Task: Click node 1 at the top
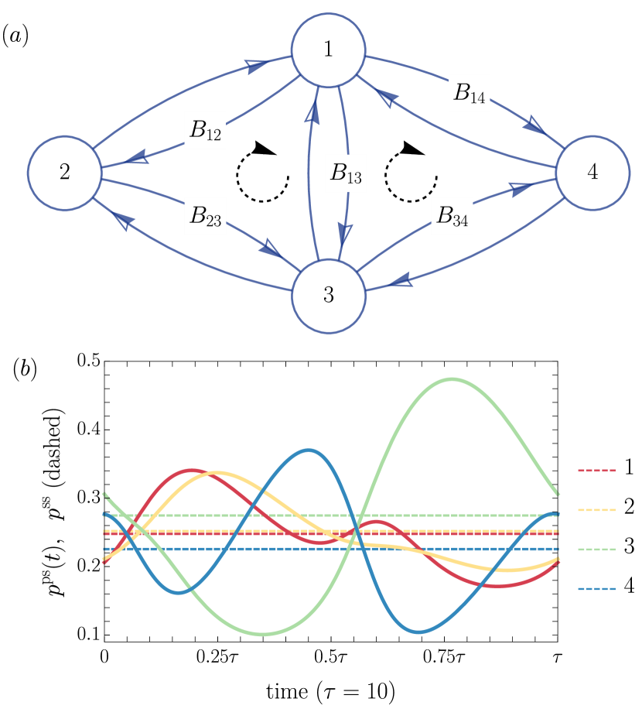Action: click(328, 50)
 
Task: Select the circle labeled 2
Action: click(64, 173)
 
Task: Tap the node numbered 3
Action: click(328, 296)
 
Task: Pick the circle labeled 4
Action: click(592, 173)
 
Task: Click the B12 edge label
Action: click(205, 131)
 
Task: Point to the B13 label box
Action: click(346, 173)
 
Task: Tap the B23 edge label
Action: click(205, 216)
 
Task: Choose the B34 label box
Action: click(452, 216)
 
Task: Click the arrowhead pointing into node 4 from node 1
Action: click(533, 124)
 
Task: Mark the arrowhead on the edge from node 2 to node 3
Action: click(270, 249)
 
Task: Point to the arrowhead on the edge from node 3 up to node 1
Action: click(312, 114)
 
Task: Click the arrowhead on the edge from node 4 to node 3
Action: click(401, 281)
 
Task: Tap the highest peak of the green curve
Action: click(451, 378)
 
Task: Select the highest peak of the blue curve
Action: click(309, 450)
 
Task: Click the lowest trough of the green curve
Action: click(263, 635)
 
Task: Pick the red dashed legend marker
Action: click(596, 470)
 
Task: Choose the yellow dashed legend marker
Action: click(596, 510)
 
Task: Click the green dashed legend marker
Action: click(596, 550)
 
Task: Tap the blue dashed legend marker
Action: click(596, 589)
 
